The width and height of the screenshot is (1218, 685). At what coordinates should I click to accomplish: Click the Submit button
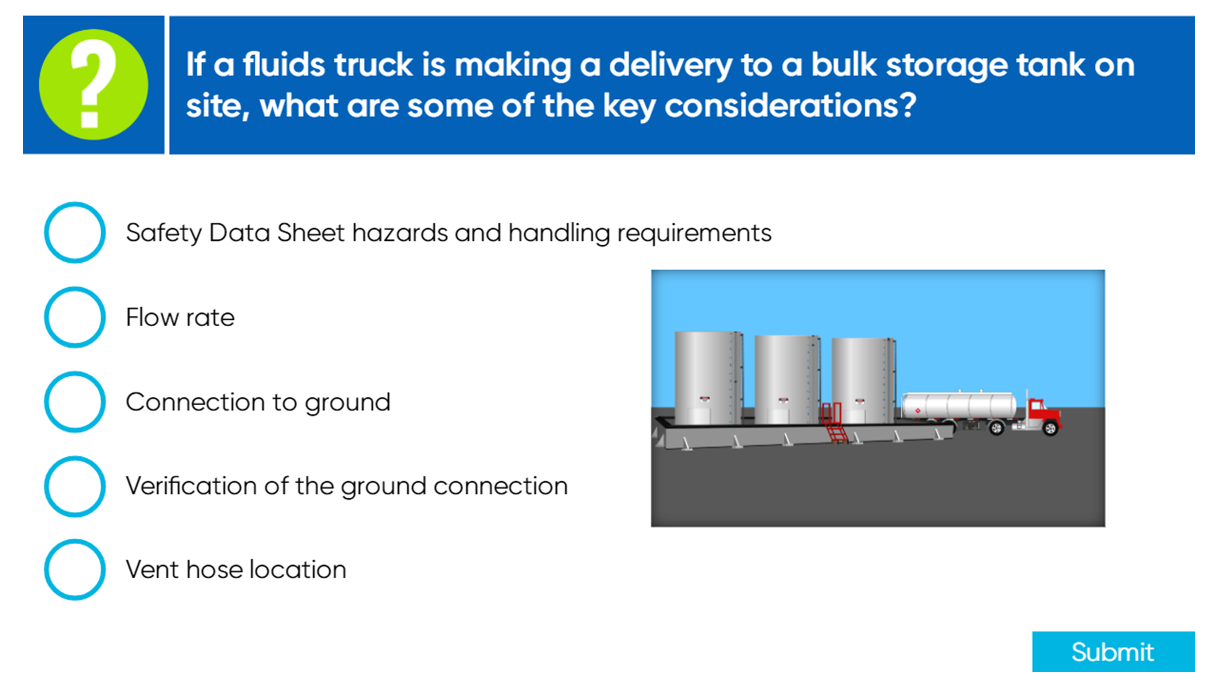click(1113, 652)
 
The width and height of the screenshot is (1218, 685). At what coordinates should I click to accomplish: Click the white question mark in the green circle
click(93, 84)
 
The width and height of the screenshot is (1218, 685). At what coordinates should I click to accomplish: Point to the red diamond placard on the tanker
click(918, 410)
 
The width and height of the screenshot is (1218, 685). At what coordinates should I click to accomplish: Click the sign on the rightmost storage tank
click(860, 402)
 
